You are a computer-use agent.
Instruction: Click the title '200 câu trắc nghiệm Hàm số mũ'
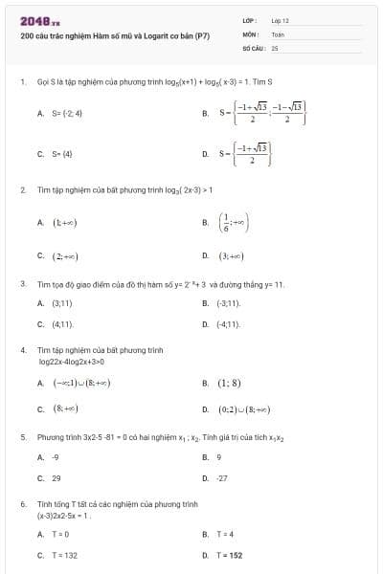(114, 35)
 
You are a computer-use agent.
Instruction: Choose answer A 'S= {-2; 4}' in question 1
(61, 113)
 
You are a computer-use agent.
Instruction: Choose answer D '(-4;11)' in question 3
(227, 324)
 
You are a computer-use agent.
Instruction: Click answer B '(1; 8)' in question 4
(229, 384)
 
